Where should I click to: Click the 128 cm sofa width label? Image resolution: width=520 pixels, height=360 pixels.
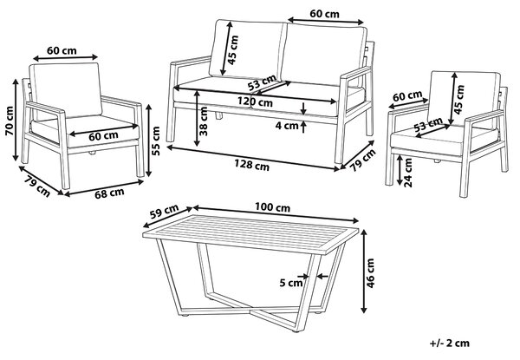pyautogui.click(x=251, y=165)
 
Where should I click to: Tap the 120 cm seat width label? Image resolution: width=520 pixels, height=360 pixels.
pyautogui.click(x=255, y=101)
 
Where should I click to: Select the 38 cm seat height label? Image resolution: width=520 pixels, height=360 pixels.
pyautogui.click(x=203, y=121)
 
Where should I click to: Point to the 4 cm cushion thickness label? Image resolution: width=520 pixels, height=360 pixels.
pyautogui.click(x=287, y=126)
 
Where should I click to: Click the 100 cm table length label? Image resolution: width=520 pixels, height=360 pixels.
pyautogui.click(x=272, y=207)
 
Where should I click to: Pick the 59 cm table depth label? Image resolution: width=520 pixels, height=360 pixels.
pyautogui.click(x=164, y=212)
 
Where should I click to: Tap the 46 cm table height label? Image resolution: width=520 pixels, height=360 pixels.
pyautogui.click(x=370, y=273)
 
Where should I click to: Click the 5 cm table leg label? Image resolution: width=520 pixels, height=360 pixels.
pyautogui.click(x=291, y=283)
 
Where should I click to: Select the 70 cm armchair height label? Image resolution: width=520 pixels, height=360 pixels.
pyautogui.click(x=9, y=121)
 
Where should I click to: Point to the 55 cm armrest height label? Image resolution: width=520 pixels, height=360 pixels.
pyautogui.click(x=155, y=141)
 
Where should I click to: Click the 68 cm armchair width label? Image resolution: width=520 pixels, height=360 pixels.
pyautogui.click(x=109, y=193)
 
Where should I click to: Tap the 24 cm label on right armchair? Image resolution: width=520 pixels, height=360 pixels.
pyautogui.click(x=408, y=173)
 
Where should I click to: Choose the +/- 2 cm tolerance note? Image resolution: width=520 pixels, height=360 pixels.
pyautogui.click(x=450, y=343)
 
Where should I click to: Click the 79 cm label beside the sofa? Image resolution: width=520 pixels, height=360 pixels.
pyautogui.click(x=363, y=160)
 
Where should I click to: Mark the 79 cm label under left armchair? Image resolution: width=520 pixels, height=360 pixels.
pyautogui.click(x=37, y=187)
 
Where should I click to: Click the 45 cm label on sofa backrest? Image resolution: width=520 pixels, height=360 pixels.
pyautogui.click(x=233, y=50)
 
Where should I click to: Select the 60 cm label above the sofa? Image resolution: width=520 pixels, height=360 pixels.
pyautogui.click(x=325, y=14)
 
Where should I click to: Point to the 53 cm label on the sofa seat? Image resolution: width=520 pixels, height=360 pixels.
pyautogui.click(x=262, y=82)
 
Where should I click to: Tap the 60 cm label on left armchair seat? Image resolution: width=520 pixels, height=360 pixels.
pyautogui.click(x=103, y=136)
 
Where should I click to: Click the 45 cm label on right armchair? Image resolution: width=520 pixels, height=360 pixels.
pyautogui.click(x=459, y=100)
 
